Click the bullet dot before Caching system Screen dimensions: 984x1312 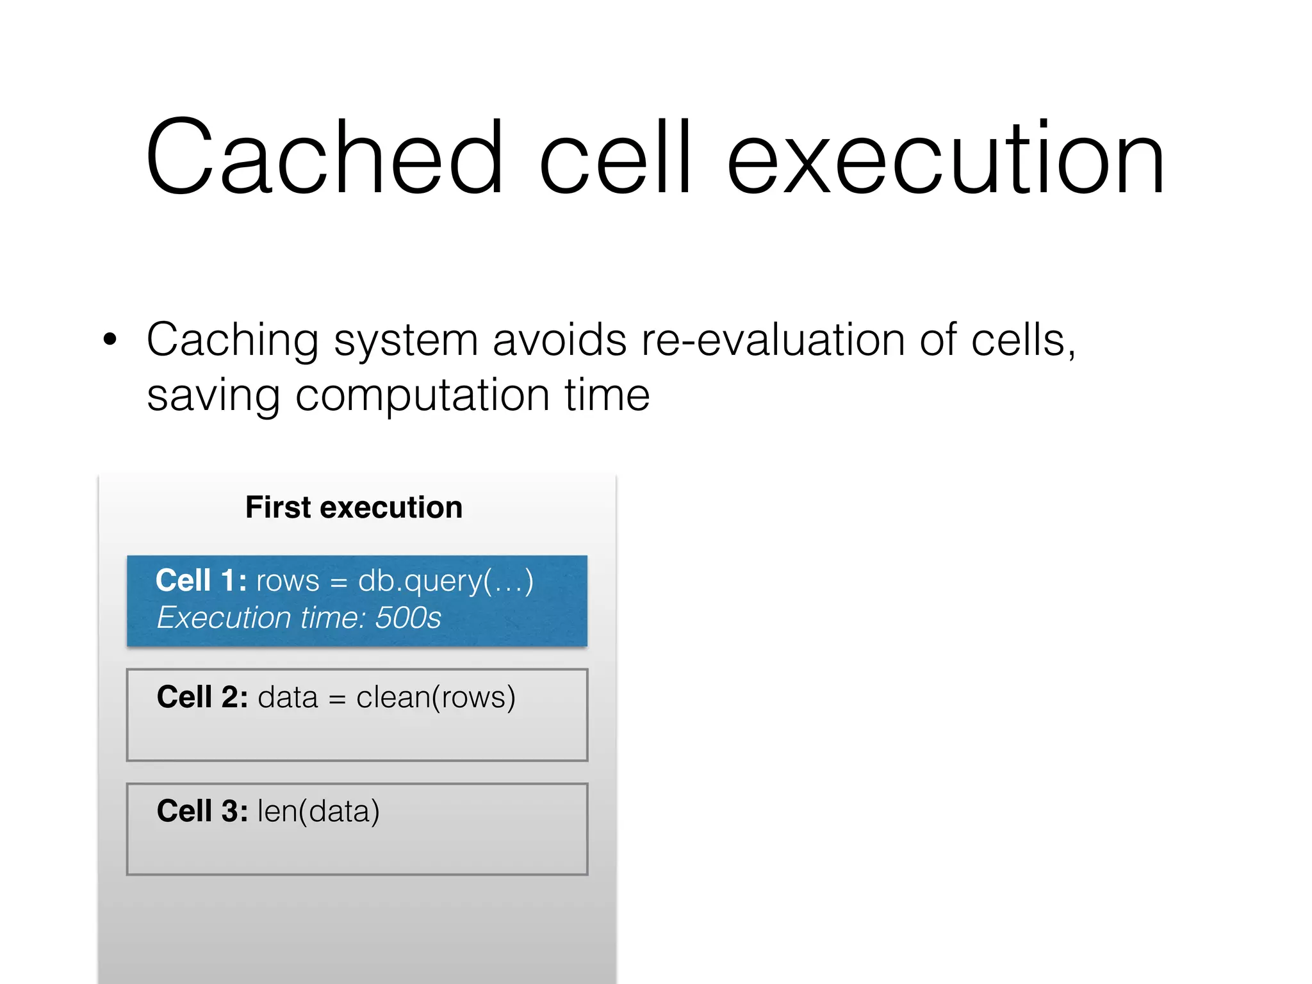point(110,340)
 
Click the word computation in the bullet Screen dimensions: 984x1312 point(422,395)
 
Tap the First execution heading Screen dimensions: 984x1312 point(354,507)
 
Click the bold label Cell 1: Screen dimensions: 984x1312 point(201,580)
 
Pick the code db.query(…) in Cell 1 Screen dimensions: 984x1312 point(445,582)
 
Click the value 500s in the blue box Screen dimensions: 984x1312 point(408,618)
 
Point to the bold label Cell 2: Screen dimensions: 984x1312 point(202,697)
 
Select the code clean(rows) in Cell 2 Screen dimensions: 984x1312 point(436,698)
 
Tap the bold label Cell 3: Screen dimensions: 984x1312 point(202,811)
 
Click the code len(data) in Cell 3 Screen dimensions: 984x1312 point(318,812)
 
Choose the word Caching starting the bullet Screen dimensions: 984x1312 point(232,341)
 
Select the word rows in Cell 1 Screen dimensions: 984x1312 point(288,582)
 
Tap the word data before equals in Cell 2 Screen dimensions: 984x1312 point(288,697)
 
